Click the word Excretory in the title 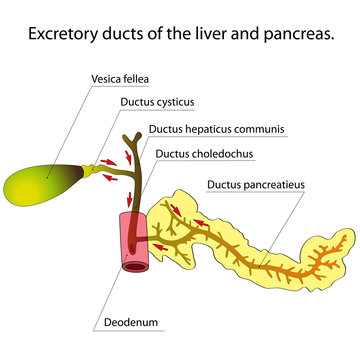(65, 33)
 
